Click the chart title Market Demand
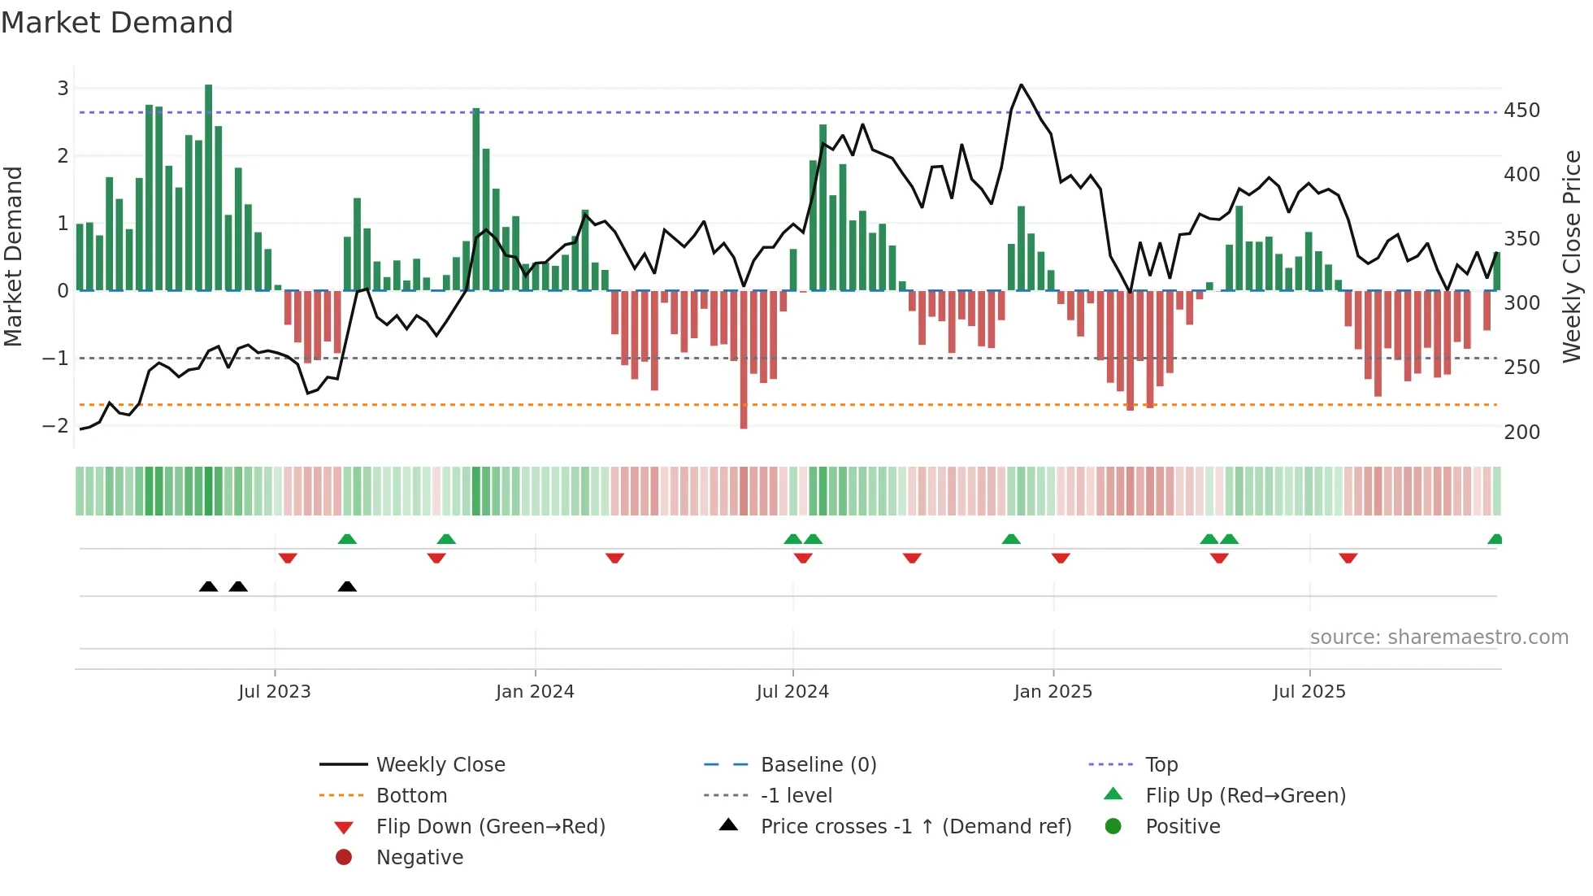[x=117, y=23]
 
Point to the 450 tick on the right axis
[x=1521, y=111]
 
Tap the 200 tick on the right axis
[x=1521, y=433]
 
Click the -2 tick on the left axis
[x=55, y=426]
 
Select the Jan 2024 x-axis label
[x=535, y=692]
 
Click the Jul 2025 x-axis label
[x=1309, y=692]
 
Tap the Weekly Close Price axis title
[x=1572, y=256]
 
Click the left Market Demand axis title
[x=14, y=256]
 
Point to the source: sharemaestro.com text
[x=1439, y=637]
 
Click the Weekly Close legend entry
[x=440, y=765]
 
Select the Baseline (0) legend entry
[x=818, y=765]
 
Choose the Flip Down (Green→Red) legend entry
[x=490, y=827]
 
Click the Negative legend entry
[x=419, y=858]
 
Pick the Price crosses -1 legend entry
[x=915, y=827]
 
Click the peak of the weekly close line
[x=1022, y=85]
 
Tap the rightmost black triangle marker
[x=347, y=586]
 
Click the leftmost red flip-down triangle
[x=288, y=558]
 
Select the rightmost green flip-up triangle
[x=1495, y=539]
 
